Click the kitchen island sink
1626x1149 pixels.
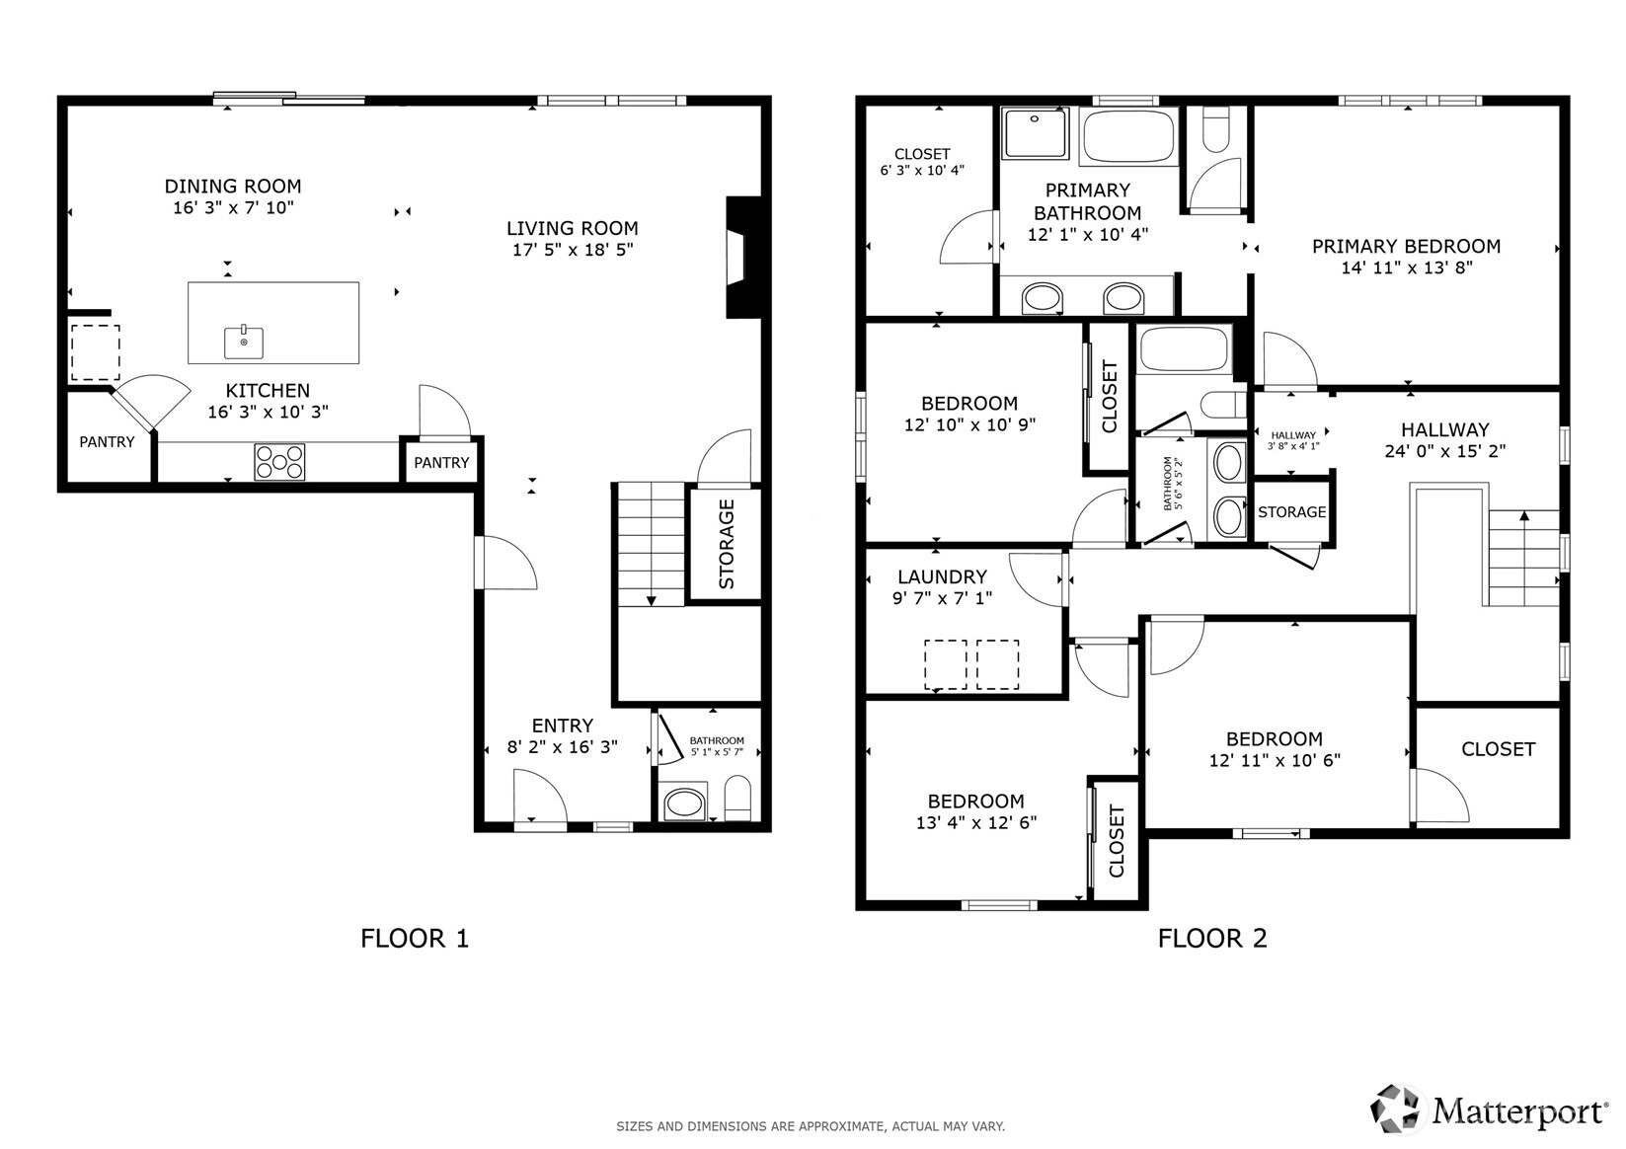(243, 342)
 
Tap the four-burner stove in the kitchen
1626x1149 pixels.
(279, 462)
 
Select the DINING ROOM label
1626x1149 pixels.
(233, 187)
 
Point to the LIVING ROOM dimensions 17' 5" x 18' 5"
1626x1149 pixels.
(573, 250)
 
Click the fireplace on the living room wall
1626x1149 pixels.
(744, 257)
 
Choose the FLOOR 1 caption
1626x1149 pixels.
(415, 939)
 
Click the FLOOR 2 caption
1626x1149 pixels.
(1212, 939)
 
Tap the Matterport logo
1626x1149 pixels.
(1488, 1110)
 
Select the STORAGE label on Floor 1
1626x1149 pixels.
(727, 544)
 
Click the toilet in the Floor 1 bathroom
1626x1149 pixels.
(737, 798)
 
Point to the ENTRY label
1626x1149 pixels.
(563, 726)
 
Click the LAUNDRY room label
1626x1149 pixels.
(942, 577)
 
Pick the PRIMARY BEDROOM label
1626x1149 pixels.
(1406, 247)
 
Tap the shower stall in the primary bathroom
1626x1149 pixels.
(1035, 133)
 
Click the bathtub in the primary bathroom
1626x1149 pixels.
(1128, 136)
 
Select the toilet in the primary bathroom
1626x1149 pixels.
(1216, 129)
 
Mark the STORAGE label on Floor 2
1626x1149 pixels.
(1292, 512)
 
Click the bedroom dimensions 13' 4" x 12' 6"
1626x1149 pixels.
(976, 822)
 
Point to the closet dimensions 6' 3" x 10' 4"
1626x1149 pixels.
(922, 171)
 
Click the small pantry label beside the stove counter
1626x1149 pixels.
(441, 463)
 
